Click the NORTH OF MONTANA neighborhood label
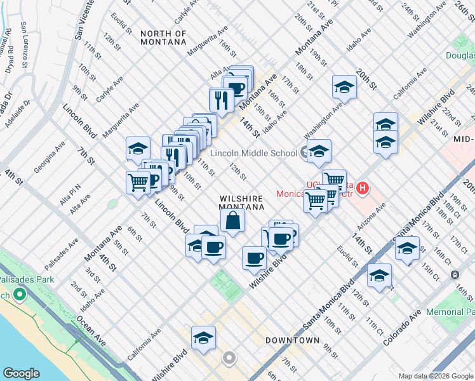click(x=164, y=37)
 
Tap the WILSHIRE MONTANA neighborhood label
click(x=241, y=203)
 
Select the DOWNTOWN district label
click(x=292, y=340)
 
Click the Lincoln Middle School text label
click(x=253, y=153)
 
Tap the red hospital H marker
click(x=362, y=188)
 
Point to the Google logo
click(x=22, y=373)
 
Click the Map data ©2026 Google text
click(x=435, y=376)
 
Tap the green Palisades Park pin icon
click(x=20, y=295)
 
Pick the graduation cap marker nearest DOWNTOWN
click(x=203, y=338)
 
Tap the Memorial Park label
click(x=450, y=312)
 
